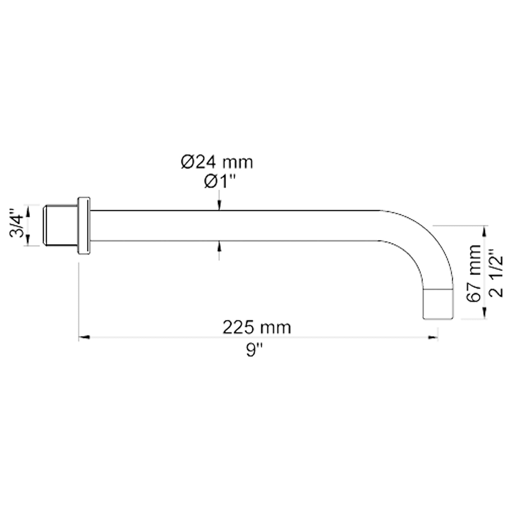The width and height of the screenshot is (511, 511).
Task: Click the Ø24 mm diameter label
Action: pos(217,162)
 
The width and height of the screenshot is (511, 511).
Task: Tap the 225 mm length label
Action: pos(257,327)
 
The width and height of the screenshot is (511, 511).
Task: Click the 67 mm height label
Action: pos(474,273)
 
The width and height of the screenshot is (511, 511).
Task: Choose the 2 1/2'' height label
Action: pos(496,273)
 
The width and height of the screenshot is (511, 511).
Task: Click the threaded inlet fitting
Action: pos(60,226)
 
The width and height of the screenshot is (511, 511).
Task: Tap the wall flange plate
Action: pos(84,226)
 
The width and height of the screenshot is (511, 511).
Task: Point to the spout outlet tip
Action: pos(438,303)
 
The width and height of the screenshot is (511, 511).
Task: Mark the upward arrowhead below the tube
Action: pos(219,245)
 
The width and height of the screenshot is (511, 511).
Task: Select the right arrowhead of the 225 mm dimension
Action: pos(433,337)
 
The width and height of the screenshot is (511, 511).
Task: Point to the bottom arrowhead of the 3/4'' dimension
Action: pos(27,241)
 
